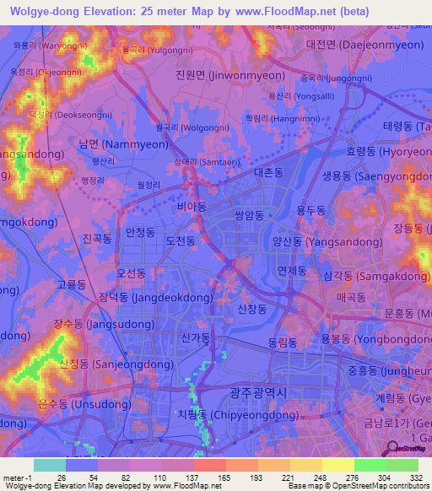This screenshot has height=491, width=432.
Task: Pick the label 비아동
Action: click(192, 205)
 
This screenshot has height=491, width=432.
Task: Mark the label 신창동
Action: click(252, 310)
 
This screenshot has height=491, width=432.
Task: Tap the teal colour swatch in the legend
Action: click(49, 465)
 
